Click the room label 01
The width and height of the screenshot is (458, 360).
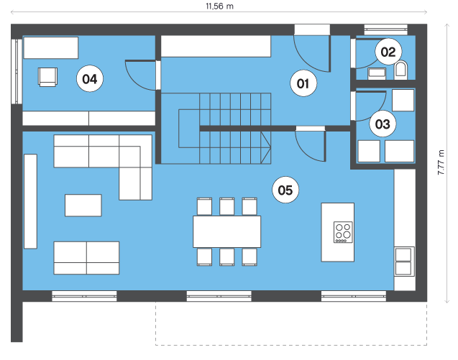(303, 83)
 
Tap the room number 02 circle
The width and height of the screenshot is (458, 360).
(388, 52)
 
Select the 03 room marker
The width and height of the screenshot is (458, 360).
(383, 124)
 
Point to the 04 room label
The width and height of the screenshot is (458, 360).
(90, 79)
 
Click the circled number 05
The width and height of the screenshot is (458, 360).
(285, 190)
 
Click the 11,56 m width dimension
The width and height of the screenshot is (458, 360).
(219, 6)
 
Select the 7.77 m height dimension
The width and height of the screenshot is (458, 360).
(441, 162)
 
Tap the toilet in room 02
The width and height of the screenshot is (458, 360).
(400, 70)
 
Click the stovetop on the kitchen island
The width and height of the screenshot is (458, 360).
(343, 232)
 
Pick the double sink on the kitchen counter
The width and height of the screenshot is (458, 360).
(403, 262)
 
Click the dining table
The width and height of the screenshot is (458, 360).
(227, 231)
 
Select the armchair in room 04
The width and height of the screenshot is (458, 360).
(47, 77)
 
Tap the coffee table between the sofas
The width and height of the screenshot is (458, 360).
(83, 206)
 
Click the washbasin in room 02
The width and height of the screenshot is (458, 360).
(377, 73)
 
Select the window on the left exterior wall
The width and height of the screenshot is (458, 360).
(17, 71)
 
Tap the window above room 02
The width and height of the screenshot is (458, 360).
(385, 29)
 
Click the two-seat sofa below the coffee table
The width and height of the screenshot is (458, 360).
(86, 258)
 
